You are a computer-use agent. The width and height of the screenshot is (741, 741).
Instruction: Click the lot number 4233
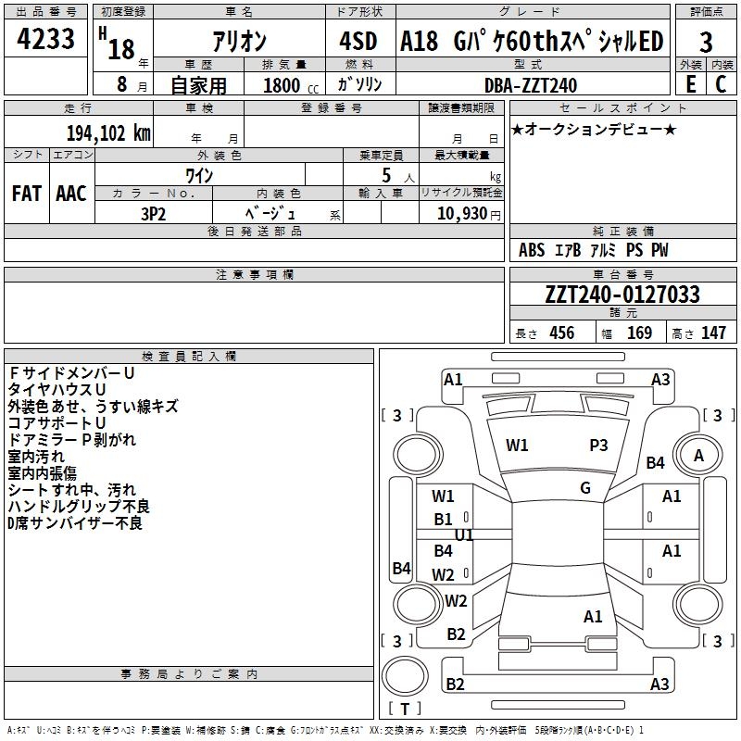coord(46,41)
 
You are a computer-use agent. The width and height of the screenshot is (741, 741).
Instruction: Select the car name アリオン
coord(238,43)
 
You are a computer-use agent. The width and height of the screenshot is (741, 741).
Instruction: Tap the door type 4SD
coord(358,42)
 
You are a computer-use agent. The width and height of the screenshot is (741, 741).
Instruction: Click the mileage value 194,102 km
coord(107,132)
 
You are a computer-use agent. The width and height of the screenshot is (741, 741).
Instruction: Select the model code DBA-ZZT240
coord(531,86)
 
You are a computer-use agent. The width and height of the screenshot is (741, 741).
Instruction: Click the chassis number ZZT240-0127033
coord(622,295)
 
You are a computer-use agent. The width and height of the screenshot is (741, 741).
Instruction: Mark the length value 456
coord(561,333)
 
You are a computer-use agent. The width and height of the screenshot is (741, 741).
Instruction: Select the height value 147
coord(713,333)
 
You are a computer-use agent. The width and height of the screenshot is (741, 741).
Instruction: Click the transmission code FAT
coord(26,194)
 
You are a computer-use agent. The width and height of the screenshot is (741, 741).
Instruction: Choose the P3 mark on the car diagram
coord(599,446)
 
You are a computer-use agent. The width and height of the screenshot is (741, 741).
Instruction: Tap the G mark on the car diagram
coord(585,488)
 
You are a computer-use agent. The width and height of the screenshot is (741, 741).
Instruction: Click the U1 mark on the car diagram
coord(464,535)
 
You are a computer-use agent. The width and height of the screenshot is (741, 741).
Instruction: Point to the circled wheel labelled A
coord(699,455)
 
